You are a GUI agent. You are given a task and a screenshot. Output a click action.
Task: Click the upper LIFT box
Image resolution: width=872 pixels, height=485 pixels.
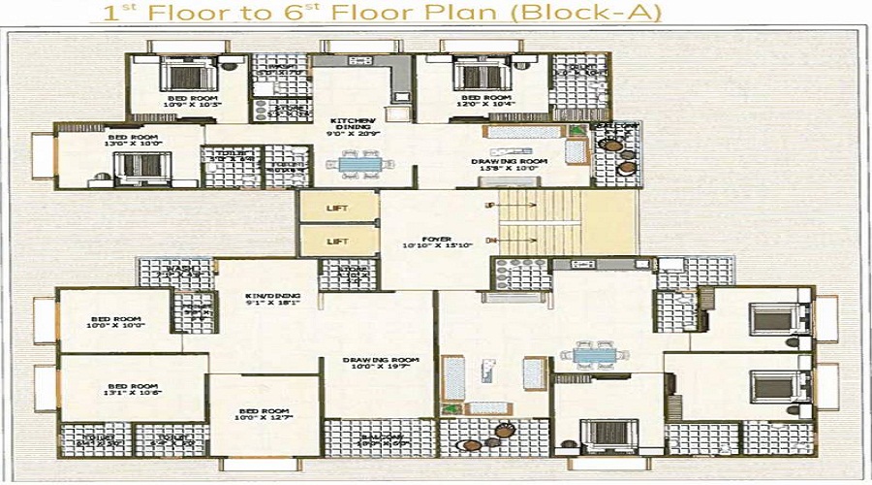click(338, 206)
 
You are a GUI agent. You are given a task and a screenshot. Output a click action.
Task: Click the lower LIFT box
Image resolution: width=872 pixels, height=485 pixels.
click(338, 240)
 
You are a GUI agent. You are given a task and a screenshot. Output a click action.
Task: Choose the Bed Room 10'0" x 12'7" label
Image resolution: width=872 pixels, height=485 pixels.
click(264, 416)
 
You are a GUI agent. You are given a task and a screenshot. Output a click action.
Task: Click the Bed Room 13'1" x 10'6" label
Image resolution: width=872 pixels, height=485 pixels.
click(131, 389)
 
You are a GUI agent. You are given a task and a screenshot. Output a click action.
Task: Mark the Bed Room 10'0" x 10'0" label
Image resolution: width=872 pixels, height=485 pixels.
click(115, 323)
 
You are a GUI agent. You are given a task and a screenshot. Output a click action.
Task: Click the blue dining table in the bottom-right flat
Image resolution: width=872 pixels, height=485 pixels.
click(591, 354)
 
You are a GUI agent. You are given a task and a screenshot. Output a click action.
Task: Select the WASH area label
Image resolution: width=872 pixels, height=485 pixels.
click(173, 272)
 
